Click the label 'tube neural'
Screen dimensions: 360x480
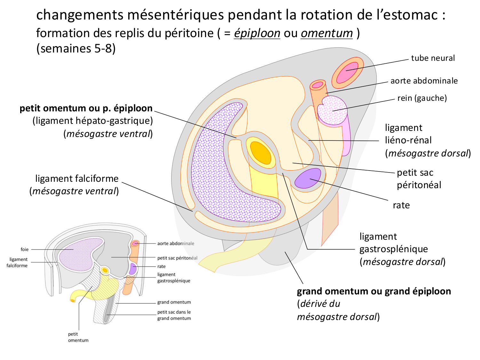433,58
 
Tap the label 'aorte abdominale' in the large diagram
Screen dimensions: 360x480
424,81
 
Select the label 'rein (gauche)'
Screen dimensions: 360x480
422,98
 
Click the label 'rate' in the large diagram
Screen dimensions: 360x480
401,205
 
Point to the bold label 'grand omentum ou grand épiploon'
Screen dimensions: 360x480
374,292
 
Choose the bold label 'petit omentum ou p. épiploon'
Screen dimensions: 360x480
86,108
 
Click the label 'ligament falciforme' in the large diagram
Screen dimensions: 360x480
77,179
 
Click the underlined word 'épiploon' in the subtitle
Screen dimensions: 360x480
257,33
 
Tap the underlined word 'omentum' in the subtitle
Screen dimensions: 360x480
327,33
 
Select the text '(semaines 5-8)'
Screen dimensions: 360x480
76,48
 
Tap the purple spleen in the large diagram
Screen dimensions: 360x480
308,178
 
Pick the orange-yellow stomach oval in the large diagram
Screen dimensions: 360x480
260,153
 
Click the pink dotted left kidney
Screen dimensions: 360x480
332,111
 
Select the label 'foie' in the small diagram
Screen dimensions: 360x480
25,250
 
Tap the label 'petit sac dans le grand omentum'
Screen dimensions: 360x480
174,315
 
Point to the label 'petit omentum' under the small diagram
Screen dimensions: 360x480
78,337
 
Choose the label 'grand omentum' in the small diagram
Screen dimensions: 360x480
174,302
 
